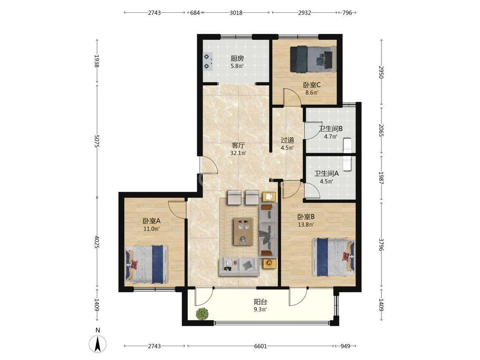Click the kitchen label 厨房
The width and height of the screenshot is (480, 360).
[237, 58]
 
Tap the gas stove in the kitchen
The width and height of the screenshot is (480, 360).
[208, 61]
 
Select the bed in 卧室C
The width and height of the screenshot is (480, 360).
[313, 59]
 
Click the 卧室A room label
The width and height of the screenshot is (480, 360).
[151, 221]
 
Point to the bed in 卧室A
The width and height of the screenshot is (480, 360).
[147, 264]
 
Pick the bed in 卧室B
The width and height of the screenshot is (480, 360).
[334, 258]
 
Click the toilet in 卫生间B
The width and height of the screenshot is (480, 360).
[347, 145]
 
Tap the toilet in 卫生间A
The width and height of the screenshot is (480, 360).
[347, 163]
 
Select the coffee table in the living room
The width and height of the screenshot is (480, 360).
[243, 232]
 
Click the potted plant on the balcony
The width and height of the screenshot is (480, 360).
[202, 314]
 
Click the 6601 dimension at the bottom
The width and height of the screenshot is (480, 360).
[261, 346]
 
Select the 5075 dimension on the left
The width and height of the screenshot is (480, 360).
[96, 141]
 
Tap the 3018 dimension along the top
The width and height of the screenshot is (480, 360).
[236, 13]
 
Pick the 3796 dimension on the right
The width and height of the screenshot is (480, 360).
[381, 244]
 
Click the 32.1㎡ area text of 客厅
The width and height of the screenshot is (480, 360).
[239, 153]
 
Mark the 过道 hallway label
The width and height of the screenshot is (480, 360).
[288, 140]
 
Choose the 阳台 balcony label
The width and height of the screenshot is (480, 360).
[260, 302]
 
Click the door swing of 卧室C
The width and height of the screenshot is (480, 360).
[291, 97]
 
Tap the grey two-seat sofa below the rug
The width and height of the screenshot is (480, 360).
[239, 267]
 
